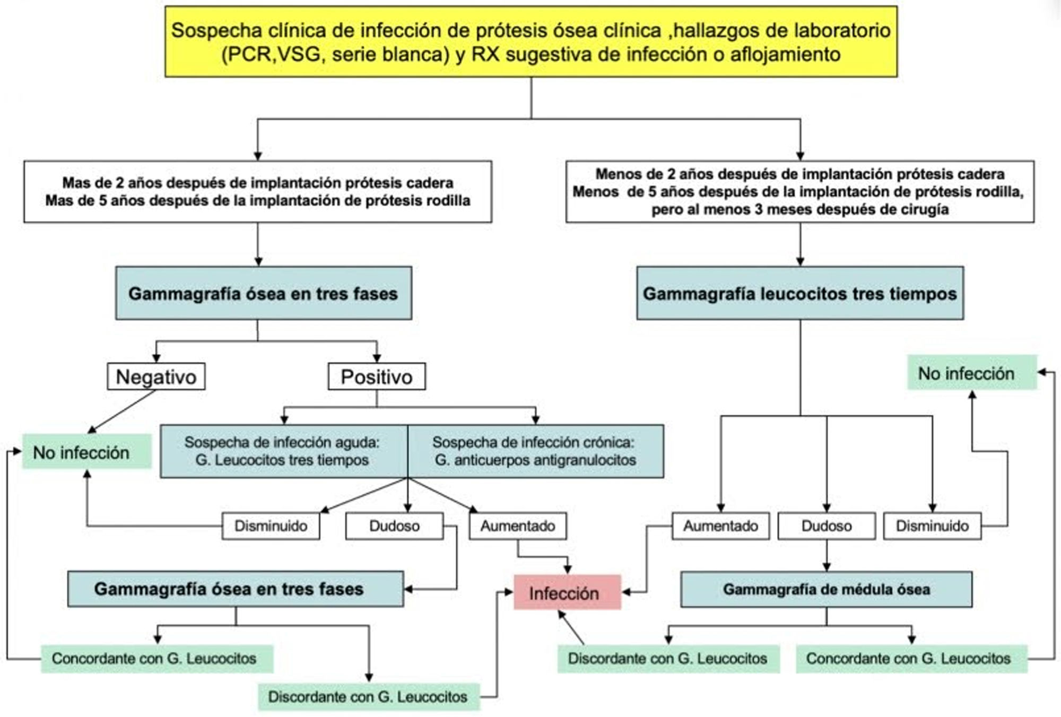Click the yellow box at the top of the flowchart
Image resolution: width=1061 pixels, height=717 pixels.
click(531, 42)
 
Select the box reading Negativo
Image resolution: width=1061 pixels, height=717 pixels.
click(156, 377)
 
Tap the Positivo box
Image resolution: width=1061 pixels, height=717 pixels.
click(377, 377)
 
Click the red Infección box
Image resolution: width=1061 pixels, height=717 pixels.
click(567, 592)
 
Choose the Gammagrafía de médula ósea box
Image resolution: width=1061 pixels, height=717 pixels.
click(826, 589)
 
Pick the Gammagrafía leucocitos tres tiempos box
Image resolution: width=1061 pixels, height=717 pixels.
click(800, 293)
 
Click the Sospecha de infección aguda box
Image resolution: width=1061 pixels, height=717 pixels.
click(283, 451)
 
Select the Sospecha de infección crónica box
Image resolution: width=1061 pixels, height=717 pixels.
click(535, 451)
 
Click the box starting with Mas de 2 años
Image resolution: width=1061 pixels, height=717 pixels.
click(258, 191)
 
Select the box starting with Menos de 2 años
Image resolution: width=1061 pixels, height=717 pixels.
click(800, 191)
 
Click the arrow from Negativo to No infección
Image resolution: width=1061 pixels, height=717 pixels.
click(122, 412)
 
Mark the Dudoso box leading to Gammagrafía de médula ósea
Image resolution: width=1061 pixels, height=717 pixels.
click(826, 526)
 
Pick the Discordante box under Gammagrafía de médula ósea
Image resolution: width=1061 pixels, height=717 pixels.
click(667, 659)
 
